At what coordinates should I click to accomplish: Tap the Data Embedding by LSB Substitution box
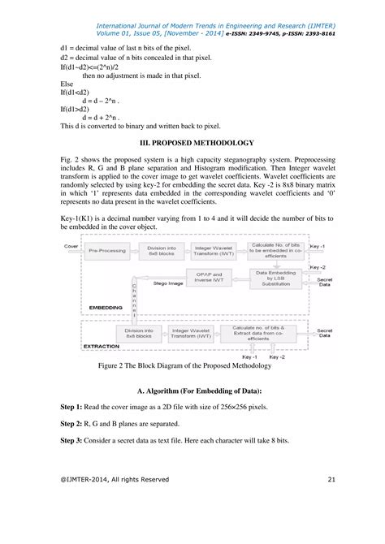277,278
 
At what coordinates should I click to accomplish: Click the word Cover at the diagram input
71,244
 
